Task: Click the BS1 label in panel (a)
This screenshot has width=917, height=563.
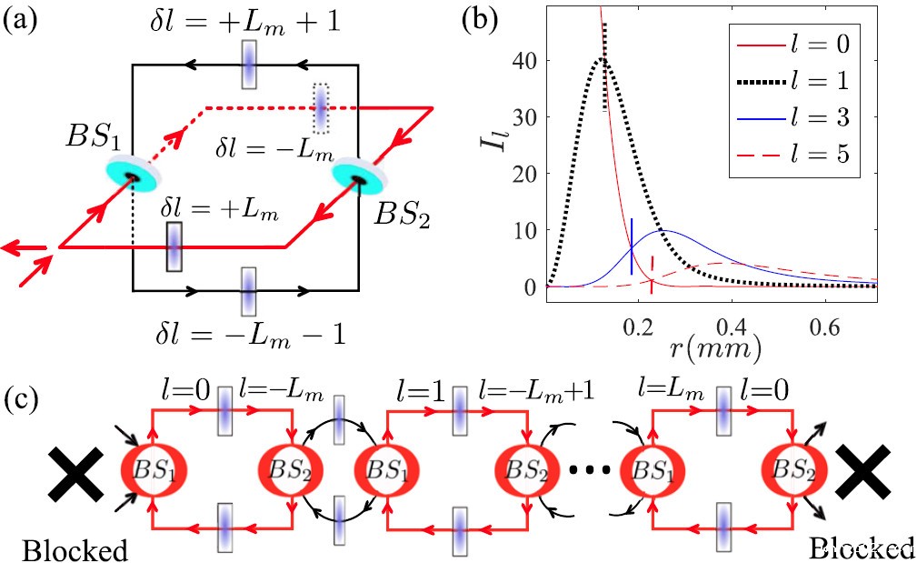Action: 94,137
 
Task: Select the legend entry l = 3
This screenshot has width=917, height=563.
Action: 794,117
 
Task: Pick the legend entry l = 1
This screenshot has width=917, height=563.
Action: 794,80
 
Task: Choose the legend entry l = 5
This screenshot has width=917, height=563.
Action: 794,154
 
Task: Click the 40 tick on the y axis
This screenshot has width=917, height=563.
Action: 524,60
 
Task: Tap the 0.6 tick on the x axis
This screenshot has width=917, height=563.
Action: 824,327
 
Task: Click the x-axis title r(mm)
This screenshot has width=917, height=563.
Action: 714,348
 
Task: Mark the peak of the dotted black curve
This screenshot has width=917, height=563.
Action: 602,58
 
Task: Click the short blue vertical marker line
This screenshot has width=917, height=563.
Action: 632,246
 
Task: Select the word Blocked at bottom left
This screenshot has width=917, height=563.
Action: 75,550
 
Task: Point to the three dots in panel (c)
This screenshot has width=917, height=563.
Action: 590,469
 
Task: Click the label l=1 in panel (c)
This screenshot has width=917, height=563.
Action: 419,390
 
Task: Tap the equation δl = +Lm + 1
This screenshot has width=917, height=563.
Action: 245,24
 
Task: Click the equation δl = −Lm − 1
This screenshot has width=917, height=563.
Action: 250,335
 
